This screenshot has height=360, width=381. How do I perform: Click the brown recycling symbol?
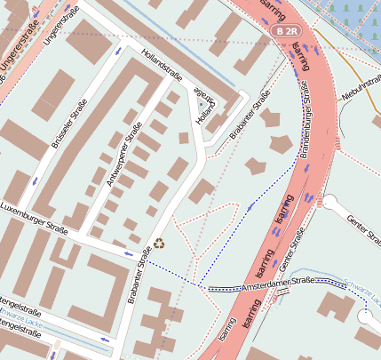point(159,243)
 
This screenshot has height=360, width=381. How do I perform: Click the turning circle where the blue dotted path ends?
point(365,315)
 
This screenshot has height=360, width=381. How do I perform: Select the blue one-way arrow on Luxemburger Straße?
point(128,253)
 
